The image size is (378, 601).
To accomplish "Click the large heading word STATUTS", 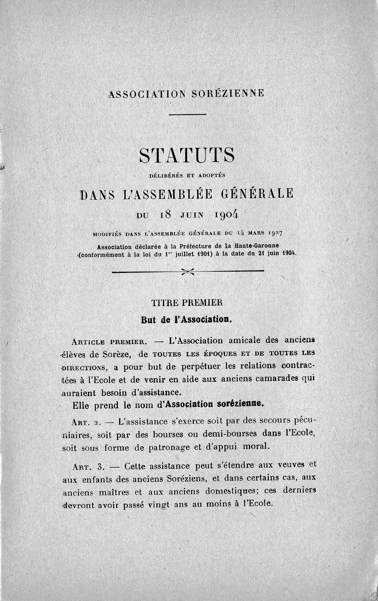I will coord(187,156).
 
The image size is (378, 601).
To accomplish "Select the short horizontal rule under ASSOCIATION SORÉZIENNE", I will coord(187,114).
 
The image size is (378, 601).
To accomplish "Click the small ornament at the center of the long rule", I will coord(188,271).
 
